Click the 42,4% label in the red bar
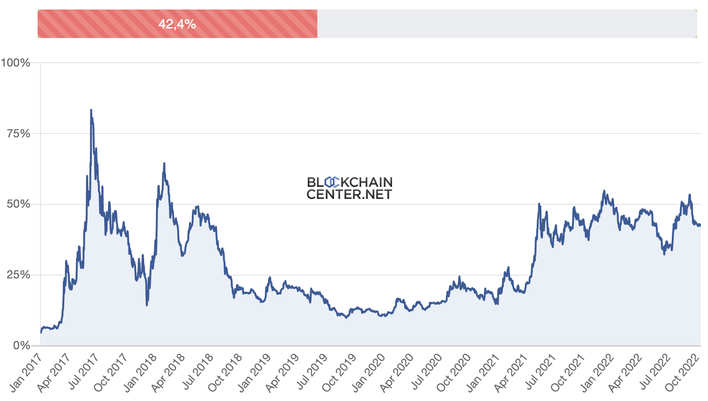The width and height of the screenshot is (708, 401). pyautogui.click(x=177, y=24)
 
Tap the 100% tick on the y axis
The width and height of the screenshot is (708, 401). pyautogui.click(x=16, y=63)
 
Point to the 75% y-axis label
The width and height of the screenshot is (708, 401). pyautogui.click(x=19, y=134)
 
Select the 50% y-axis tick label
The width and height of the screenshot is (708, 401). pyautogui.click(x=19, y=204)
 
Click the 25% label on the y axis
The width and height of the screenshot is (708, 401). pyautogui.click(x=19, y=275)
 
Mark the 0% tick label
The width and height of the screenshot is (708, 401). pyautogui.click(x=22, y=345)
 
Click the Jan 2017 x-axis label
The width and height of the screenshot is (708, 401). pyautogui.click(x=25, y=373)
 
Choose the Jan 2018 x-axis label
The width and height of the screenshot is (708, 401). pyautogui.click(x=139, y=373)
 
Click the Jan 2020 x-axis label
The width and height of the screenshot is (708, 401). pyautogui.click(x=367, y=373)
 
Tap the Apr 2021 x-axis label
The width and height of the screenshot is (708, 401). pyautogui.click(x=510, y=373)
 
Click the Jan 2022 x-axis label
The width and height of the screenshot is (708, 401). pyautogui.click(x=596, y=373)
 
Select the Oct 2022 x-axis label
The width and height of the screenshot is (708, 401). pyautogui.click(x=681, y=373)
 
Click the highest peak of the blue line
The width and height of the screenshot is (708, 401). pyautogui.click(x=91, y=110)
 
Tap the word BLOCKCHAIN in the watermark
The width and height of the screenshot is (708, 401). pyautogui.click(x=350, y=182)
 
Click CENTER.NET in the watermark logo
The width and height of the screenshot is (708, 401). pyautogui.click(x=349, y=194)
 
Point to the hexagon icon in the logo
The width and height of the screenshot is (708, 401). pyautogui.click(x=331, y=182)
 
